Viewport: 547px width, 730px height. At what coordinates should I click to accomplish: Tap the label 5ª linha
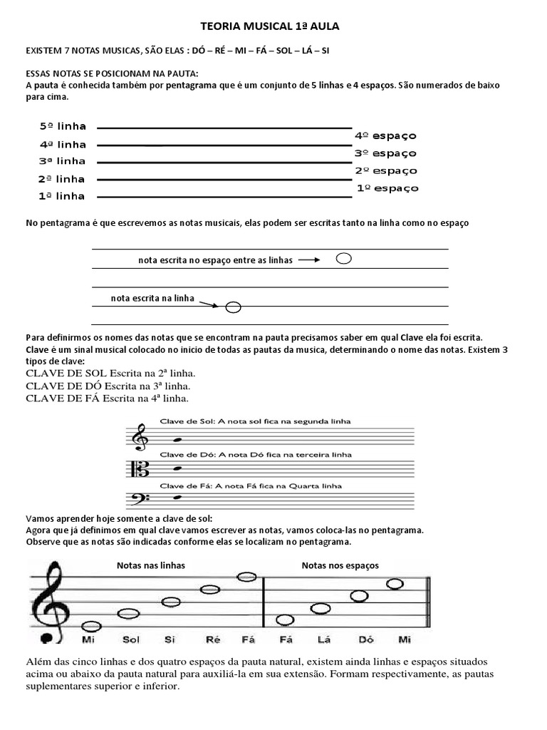[x=63, y=126]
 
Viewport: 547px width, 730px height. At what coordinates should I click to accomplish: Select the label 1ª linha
[x=63, y=196]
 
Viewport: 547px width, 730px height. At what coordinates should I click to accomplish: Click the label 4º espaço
[x=385, y=135]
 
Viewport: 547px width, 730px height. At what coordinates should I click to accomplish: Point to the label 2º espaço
[x=386, y=171]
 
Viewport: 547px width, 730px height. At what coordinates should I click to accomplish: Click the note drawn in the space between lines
[x=343, y=259]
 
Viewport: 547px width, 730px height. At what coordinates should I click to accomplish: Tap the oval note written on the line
[x=233, y=307]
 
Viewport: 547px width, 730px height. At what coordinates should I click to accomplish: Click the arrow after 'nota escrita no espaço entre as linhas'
[x=309, y=260]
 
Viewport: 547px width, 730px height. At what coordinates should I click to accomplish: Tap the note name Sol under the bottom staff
[x=131, y=639]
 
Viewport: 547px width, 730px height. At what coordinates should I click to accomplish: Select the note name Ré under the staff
[x=213, y=639]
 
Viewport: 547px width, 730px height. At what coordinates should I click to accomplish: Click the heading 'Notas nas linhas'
[x=151, y=565]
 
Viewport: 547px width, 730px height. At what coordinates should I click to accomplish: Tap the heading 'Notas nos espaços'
[x=340, y=565]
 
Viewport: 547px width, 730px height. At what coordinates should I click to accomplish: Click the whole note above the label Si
[x=171, y=602]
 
